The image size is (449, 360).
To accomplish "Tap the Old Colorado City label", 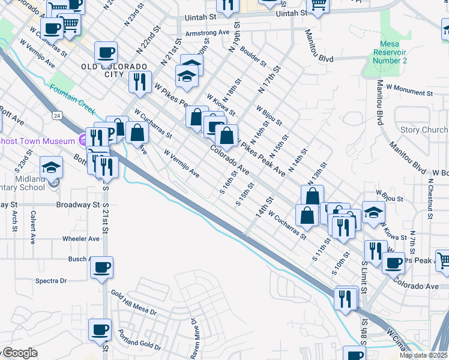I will [115, 70].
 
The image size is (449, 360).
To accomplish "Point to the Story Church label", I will [424, 130].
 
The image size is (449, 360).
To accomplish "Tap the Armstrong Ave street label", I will [208, 34].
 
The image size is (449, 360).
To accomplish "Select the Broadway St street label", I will [77, 205].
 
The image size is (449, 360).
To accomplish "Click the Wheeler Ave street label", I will [81, 238].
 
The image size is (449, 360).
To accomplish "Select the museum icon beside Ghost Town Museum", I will [83, 140].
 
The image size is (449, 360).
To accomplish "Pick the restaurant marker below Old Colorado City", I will [140, 82].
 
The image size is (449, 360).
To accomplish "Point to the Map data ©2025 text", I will [423, 355].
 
